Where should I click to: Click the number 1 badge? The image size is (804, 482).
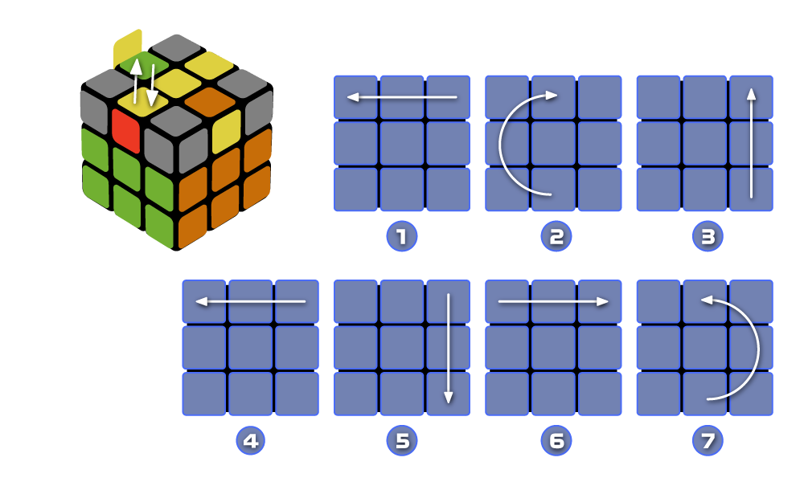[x=402, y=237]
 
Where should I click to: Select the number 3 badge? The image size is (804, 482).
[x=708, y=237]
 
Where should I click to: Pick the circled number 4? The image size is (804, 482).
[x=250, y=441]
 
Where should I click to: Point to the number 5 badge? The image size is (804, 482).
[x=402, y=441]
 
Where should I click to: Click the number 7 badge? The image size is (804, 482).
[x=708, y=441]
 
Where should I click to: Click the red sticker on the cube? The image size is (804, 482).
[x=126, y=130]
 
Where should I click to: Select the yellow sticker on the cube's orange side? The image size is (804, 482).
[x=226, y=130]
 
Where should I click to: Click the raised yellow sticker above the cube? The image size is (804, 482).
[x=128, y=48]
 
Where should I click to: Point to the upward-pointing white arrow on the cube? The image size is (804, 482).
[x=137, y=80]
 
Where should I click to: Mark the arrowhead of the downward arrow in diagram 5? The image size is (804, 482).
[x=449, y=398]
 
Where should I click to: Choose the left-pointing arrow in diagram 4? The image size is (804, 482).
[x=250, y=302]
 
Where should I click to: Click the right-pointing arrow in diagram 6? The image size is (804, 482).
[x=553, y=302]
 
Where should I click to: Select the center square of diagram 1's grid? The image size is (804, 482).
[x=402, y=143]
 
